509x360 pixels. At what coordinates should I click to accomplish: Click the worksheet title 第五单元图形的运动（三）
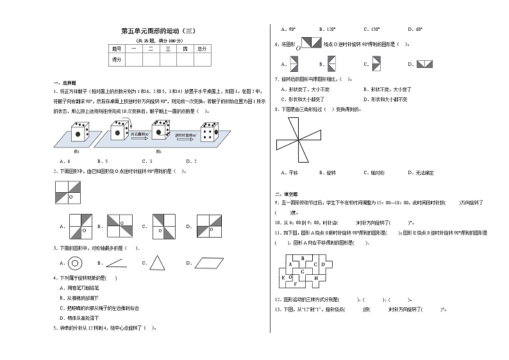(x=157, y=31)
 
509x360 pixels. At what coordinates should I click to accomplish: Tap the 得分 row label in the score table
(x=117, y=60)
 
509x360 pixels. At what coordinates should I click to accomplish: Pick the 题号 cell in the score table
(x=117, y=49)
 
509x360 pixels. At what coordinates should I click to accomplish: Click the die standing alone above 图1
(x=78, y=132)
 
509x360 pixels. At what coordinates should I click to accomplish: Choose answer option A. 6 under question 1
(x=65, y=161)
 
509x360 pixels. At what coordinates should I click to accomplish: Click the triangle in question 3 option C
(x=156, y=262)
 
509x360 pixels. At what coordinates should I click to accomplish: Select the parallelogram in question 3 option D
(x=206, y=263)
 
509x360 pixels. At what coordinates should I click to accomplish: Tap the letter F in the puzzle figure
(x=294, y=282)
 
